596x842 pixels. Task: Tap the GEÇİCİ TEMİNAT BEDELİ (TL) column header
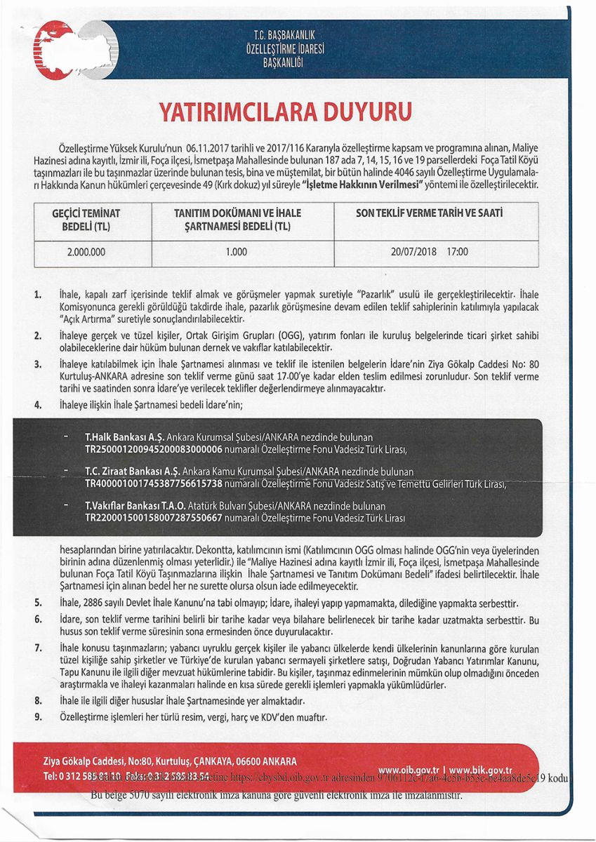pos(87,219)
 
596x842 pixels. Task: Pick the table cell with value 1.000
pos(236,252)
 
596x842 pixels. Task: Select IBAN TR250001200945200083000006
pos(153,449)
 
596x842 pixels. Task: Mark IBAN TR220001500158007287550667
pos(153,518)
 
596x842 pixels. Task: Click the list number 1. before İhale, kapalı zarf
pos(37,293)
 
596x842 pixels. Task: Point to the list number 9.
pos(37,717)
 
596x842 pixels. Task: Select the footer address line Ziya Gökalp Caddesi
pos(169,761)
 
